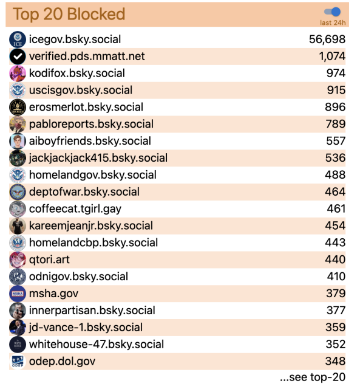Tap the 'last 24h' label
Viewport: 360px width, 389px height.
point(333,23)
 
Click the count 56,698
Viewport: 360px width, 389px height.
point(327,40)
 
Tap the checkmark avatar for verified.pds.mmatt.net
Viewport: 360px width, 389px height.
point(18,57)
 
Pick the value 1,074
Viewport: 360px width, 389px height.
point(332,57)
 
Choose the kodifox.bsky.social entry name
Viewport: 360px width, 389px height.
point(76,74)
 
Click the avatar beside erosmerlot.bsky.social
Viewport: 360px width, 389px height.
point(18,107)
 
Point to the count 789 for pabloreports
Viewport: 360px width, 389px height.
point(336,124)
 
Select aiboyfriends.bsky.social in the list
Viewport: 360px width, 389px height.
point(90,141)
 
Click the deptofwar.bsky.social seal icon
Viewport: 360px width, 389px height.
point(18,192)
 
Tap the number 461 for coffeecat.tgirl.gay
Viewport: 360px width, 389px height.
point(336,208)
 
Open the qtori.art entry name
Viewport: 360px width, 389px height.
point(49,260)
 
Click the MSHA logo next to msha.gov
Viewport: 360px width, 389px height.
point(18,294)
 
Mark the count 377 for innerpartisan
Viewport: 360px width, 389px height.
point(336,311)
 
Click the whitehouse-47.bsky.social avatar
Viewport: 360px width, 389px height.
point(18,344)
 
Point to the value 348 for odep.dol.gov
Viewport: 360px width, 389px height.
point(336,361)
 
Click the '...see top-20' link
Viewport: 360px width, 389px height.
point(312,377)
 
